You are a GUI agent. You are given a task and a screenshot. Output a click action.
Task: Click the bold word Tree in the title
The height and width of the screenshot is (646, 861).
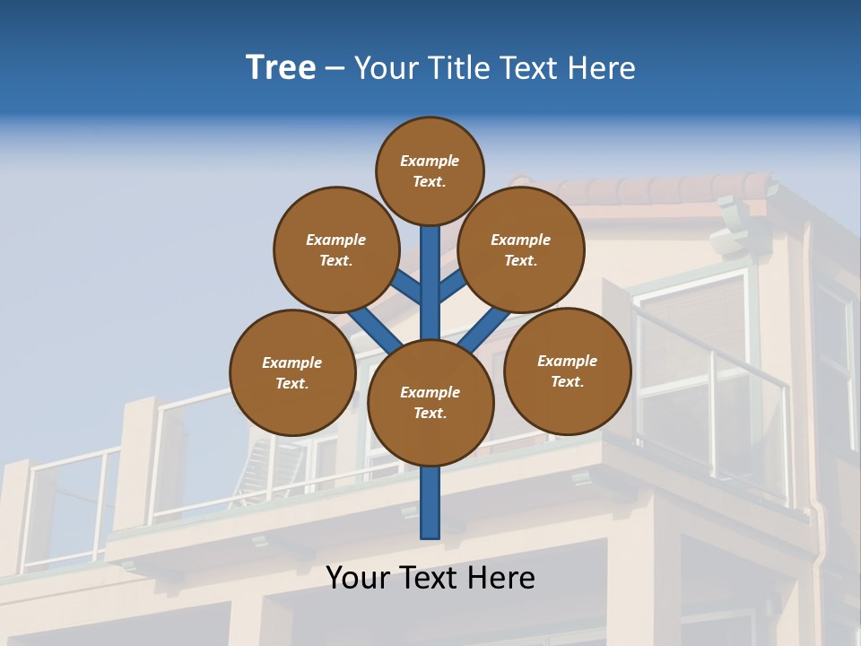click(x=281, y=68)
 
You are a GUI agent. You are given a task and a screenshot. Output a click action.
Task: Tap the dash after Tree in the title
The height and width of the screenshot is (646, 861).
click(x=335, y=69)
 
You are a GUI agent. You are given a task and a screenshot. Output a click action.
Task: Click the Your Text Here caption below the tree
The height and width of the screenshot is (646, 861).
click(x=430, y=578)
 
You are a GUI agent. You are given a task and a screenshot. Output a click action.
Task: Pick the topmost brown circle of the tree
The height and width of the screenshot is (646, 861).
click(x=430, y=170)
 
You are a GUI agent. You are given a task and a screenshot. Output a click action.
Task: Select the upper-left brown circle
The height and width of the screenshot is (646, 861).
click(x=335, y=249)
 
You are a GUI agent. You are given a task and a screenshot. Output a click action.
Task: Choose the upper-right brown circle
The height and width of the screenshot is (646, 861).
click(x=520, y=249)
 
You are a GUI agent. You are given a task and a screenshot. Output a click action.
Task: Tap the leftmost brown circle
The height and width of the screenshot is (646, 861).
click(x=291, y=372)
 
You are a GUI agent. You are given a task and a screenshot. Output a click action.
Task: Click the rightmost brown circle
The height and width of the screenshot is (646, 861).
click(x=567, y=371)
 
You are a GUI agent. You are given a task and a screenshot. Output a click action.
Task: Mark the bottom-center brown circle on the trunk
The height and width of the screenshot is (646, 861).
click(x=430, y=402)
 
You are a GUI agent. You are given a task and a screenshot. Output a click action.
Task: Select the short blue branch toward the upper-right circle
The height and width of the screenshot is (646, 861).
click(x=451, y=286)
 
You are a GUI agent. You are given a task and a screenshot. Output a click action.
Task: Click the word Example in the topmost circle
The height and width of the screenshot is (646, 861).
click(x=430, y=161)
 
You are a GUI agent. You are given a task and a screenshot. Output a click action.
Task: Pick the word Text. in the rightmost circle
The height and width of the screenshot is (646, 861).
click(x=567, y=381)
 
